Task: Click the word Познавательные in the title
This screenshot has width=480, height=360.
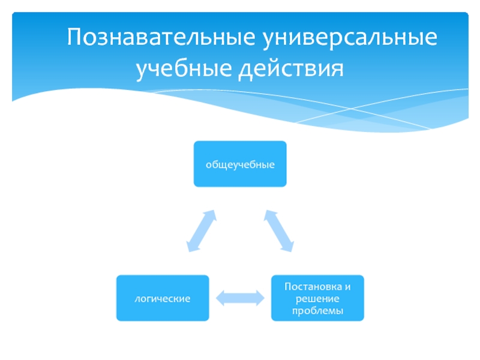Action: click(x=160, y=38)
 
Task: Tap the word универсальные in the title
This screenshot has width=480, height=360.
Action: click(x=349, y=38)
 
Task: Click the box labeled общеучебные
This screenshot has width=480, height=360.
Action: click(x=240, y=164)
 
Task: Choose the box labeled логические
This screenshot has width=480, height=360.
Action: click(x=163, y=298)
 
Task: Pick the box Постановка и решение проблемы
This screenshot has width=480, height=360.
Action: click(x=317, y=298)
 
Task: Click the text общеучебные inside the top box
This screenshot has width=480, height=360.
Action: click(x=240, y=164)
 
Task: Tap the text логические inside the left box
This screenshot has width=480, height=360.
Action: click(x=163, y=298)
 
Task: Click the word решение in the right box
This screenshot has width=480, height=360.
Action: click(x=317, y=298)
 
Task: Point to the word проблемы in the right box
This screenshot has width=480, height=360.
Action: click(x=317, y=310)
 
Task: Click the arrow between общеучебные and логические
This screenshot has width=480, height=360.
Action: click(x=201, y=230)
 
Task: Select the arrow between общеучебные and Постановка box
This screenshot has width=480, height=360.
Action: click(x=279, y=230)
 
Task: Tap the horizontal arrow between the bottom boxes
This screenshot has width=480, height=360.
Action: click(x=240, y=298)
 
